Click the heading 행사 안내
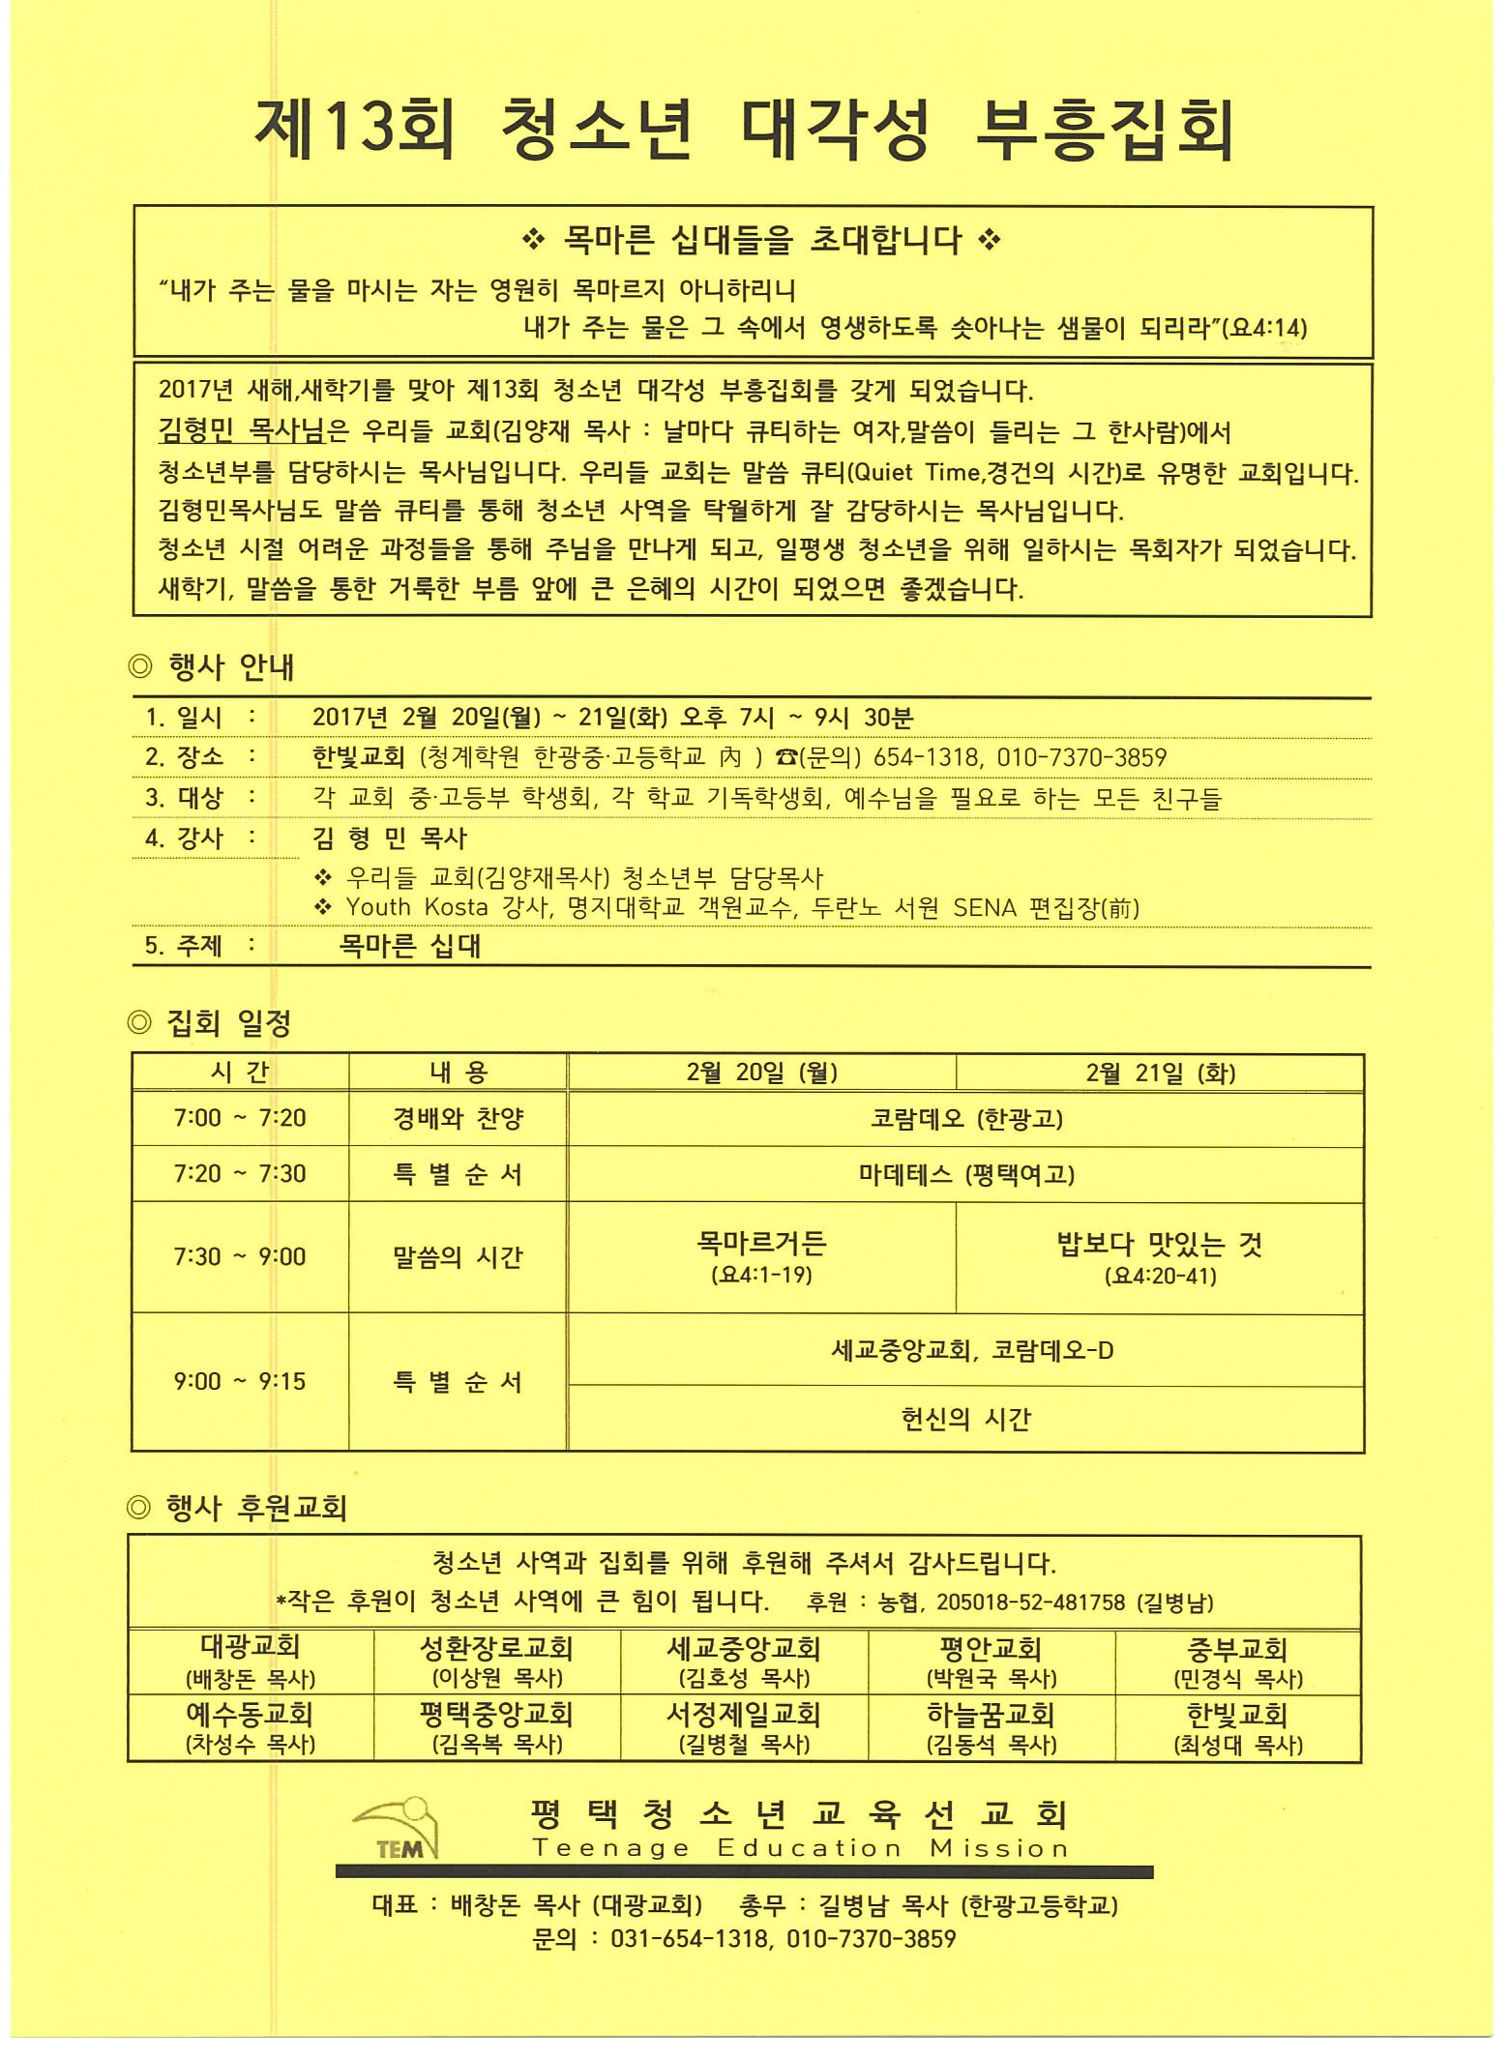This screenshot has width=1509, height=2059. coord(230,666)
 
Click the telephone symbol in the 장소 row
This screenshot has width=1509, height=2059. coord(784,757)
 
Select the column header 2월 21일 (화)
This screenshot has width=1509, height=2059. coord(1160,1073)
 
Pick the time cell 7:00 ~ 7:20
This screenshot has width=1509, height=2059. coord(239,1118)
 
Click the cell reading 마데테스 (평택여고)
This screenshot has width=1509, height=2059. coord(965,1174)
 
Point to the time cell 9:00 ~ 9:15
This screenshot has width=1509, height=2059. coord(239,1381)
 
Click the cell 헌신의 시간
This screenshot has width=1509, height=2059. coord(965,1419)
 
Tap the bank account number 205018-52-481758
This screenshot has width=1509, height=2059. coord(1030,1603)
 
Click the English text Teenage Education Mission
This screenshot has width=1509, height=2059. coord(800,1848)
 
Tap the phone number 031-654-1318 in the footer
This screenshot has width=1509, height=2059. coord(690,1938)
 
